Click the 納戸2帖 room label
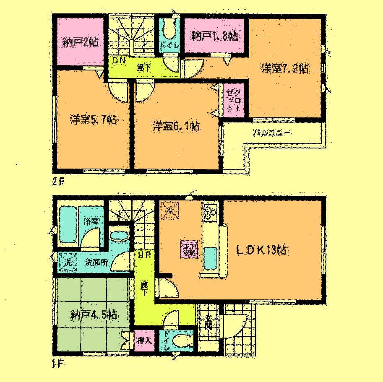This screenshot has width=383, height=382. click(80, 42)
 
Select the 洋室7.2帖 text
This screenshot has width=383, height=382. click(286, 68)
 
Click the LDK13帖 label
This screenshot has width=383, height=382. click(261, 250)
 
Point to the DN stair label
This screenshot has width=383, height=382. click(118, 61)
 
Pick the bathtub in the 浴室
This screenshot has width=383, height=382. click(69, 224)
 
